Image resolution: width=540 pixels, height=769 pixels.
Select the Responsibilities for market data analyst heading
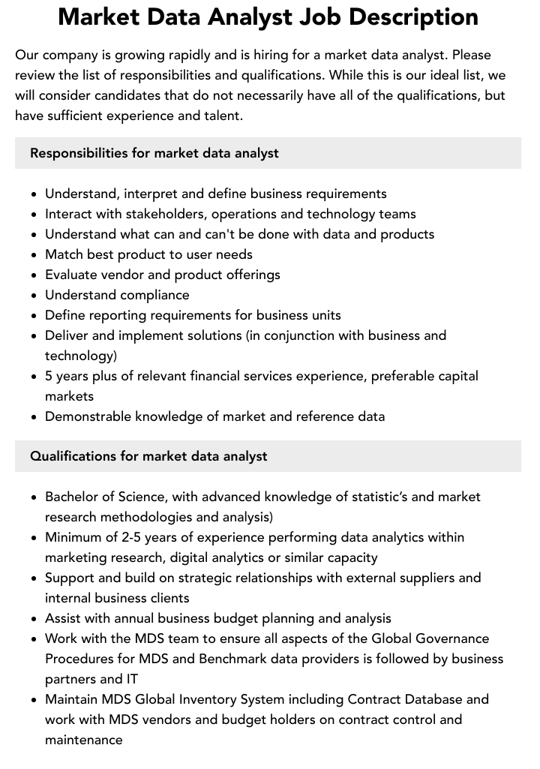tap(154, 153)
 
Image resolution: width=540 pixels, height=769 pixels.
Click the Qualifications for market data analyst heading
tap(148, 456)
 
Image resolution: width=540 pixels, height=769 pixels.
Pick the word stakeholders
tap(148, 214)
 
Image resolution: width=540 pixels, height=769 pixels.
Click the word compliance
tap(149, 295)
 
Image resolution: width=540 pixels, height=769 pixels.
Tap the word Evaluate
tap(72, 275)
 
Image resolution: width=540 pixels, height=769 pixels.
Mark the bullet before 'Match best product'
tap(34, 255)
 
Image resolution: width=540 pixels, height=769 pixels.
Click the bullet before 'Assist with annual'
tap(34, 619)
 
